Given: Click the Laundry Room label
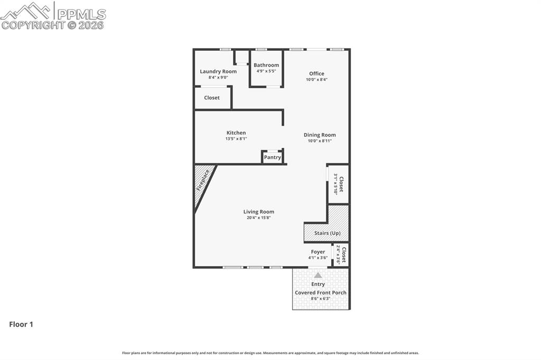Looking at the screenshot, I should click(x=218, y=71).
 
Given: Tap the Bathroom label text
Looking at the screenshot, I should click(x=266, y=65).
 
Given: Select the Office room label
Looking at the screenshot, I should click(x=316, y=73).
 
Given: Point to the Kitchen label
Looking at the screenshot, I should click(x=236, y=132).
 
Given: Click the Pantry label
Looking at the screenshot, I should click(x=273, y=157).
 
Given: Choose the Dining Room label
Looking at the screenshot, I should click(x=320, y=135).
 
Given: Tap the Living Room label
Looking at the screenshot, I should click(x=259, y=212).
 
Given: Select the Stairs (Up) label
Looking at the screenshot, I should click(x=328, y=233).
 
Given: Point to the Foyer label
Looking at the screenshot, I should click(x=318, y=252).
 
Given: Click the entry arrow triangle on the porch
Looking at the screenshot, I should click(x=318, y=275).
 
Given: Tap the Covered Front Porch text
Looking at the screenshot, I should click(x=321, y=292).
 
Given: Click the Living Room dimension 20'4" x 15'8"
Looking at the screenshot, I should click(x=259, y=218).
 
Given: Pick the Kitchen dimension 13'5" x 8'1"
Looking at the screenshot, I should click(x=236, y=139).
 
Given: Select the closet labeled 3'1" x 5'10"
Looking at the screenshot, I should click(x=338, y=184).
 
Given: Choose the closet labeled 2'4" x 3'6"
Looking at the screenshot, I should click(x=341, y=254).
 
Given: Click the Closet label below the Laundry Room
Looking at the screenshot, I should click(x=212, y=98).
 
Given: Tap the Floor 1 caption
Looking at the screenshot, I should click(x=21, y=325).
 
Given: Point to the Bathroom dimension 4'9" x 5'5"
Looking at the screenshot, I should click(x=266, y=71).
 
